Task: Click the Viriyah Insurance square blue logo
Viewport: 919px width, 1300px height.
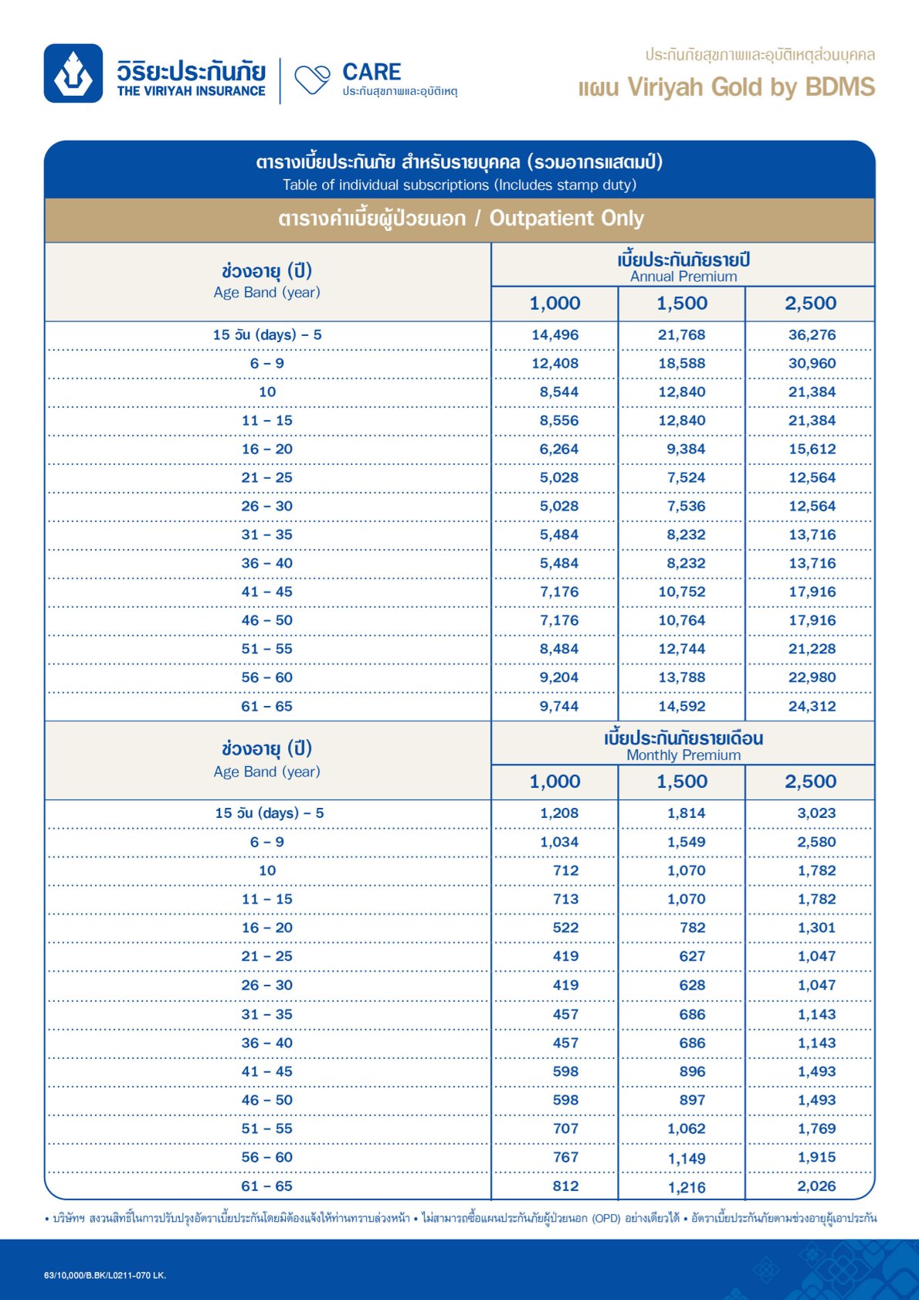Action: click(x=73, y=73)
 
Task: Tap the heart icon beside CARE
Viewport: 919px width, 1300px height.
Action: click(x=312, y=80)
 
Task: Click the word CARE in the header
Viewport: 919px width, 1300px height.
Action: click(x=371, y=72)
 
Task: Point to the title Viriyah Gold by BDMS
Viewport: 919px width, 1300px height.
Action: click(x=751, y=87)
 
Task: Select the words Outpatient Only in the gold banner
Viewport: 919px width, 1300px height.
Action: click(x=567, y=219)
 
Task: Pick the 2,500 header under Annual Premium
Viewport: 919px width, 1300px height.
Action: click(x=810, y=304)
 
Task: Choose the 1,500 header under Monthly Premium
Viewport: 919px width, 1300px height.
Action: click(x=682, y=782)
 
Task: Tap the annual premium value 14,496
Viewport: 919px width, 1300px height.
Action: click(x=554, y=334)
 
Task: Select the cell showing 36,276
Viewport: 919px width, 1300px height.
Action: click(x=812, y=334)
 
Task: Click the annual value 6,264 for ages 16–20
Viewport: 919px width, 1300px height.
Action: click(x=558, y=449)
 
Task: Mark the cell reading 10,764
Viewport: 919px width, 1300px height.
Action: click(x=681, y=620)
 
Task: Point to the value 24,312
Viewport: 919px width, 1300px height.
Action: click(x=812, y=706)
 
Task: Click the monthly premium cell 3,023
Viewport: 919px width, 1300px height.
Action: click(x=816, y=813)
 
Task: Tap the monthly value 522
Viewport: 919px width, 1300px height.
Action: click(x=565, y=928)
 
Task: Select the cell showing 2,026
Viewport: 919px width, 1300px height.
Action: click(x=816, y=1186)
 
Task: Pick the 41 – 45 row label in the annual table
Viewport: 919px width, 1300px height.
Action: click(x=266, y=592)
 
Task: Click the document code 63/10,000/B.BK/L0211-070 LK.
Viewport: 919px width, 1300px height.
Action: click(x=105, y=1275)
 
